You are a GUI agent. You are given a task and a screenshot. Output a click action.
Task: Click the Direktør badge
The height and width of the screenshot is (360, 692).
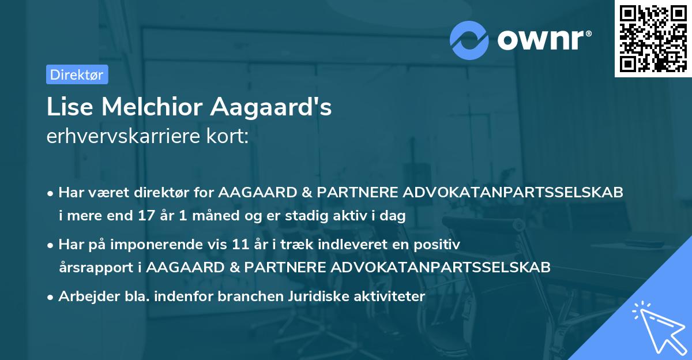point(77,74)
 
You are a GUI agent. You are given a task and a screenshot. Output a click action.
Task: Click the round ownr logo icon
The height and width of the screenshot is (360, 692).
point(469,40)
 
